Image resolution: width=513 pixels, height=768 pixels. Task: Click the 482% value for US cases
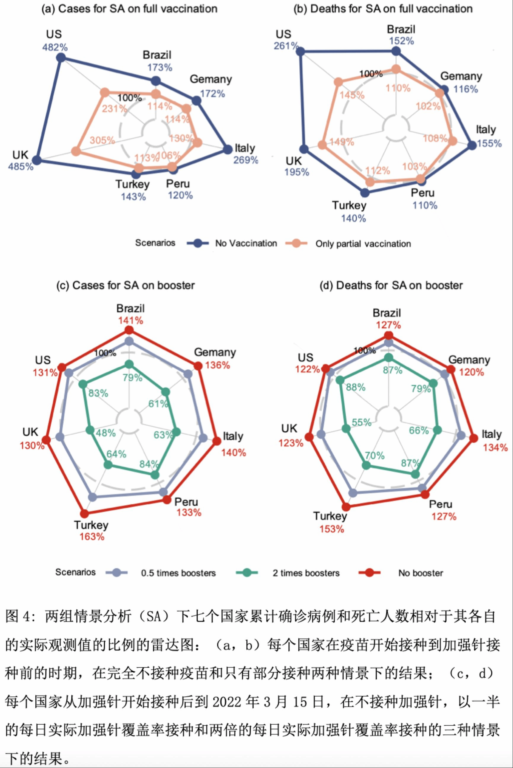click(55, 47)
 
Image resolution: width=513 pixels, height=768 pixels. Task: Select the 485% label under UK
click(21, 166)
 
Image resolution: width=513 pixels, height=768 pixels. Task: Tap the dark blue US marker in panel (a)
click(61, 58)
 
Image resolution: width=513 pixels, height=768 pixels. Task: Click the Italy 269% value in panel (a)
click(246, 160)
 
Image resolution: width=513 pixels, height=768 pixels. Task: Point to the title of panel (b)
click(383, 9)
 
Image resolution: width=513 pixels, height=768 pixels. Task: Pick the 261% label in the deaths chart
click(286, 46)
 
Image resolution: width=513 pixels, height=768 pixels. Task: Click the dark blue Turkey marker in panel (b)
click(365, 193)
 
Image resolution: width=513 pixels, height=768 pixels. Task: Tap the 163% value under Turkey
click(92, 536)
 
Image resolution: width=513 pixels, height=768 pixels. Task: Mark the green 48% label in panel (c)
click(106, 433)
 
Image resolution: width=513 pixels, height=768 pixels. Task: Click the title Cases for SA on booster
click(125, 286)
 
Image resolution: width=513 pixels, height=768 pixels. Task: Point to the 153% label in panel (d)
click(332, 529)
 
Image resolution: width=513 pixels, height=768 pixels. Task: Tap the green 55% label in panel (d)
click(362, 422)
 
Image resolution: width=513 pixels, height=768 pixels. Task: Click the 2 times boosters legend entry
click(306, 573)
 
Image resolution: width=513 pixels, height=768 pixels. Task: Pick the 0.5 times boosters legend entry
click(178, 573)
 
